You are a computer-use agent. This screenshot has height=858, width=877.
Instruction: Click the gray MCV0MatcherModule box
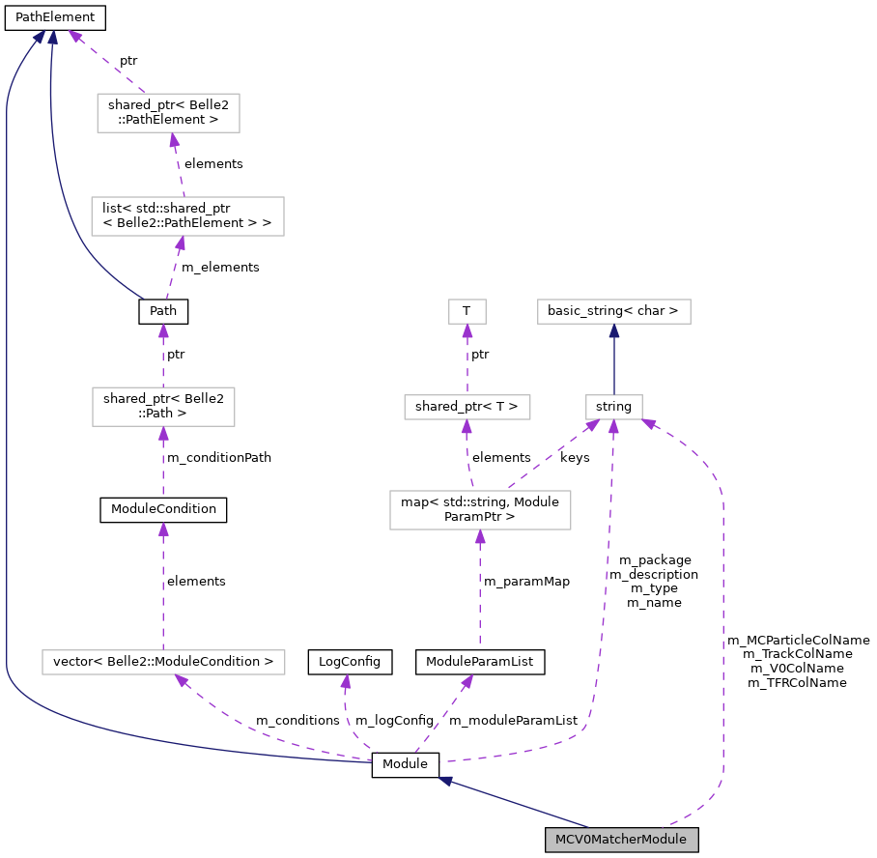pyautogui.click(x=621, y=840)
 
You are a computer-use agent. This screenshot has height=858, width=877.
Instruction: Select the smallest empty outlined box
pyautogui.click(x=467, y=311)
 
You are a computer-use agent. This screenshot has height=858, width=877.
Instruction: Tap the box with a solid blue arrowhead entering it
pyautogui.click(x=614, y=311)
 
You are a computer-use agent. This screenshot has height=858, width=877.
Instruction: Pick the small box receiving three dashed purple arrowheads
pyautogui.click(x=614, y=407)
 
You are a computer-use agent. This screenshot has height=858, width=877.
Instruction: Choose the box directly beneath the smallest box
pyautogui.click(x=467, y=407)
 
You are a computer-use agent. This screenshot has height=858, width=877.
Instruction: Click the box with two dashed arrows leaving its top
pyautogui.click(x=480, y=510)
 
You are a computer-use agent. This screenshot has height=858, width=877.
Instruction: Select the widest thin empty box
pyautogui.click(x=163, y=662)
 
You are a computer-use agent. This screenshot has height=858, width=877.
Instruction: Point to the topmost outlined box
pyautogui.click(x=168, y=113)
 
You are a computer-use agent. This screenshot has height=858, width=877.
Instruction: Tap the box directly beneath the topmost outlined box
pyautogui.click(x=187, y=216)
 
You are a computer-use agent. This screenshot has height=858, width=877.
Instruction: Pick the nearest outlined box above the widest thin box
pyautogui.click(x=163, y=407)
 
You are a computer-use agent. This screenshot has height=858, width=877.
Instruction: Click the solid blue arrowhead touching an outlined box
pyautogui.click(x=614, y=330)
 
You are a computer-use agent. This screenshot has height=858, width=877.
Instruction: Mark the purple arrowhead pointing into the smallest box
pyautogui.click(x=467, y=330)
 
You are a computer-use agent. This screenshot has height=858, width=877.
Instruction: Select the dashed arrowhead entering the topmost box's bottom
pyautogui.click(x=174, y=140)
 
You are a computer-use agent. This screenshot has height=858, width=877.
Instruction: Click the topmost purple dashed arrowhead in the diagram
pyautogui.click(x=74, y=36)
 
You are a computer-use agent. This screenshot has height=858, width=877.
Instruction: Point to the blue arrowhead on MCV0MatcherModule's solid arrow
pyautogui.click(x=446, y=780)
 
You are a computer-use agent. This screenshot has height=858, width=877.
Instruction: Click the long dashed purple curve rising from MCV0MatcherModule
pyautogui.click(x=722, y=628)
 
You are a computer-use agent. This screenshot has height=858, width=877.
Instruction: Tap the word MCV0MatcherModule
pyautogui.click(x=621, y=840)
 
